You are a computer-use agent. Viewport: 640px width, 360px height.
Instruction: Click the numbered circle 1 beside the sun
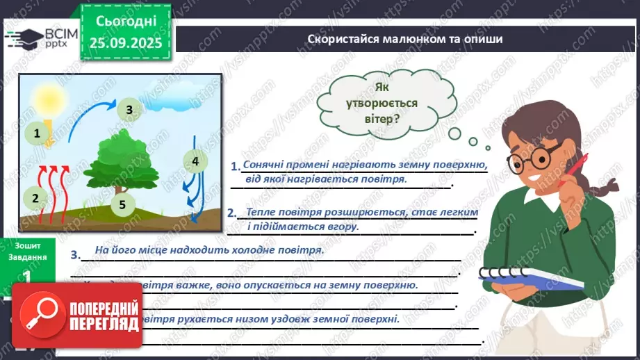pyautogui.click(x=38, y=131)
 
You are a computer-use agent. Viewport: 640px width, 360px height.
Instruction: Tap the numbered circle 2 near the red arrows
pyautogui.click(x=35, y=197)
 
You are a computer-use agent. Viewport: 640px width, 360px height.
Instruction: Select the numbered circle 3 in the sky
pyautogui.click(x=129, y=109)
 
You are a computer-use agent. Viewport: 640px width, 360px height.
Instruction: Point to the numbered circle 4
pyautogui.click(x=195, y=162)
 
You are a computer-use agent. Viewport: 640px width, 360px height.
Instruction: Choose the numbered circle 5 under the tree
pyautogui.click(x=122, y=204)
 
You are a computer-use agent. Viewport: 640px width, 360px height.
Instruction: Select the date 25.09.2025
pyautogui.click(x=125, y=43)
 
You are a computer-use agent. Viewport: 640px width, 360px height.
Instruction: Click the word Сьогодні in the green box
pyautogui.click(x=126, y=20)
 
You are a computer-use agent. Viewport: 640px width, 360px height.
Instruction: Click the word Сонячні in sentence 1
pyautogui.click(x=264, y=165)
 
